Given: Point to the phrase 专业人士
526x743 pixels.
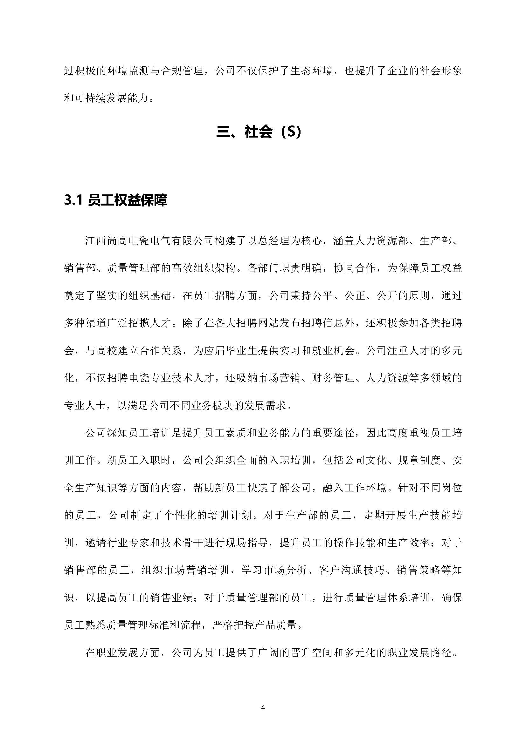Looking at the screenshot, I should click(x=85, y=405).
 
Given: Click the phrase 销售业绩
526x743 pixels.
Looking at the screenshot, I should click(x=171, y=598).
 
